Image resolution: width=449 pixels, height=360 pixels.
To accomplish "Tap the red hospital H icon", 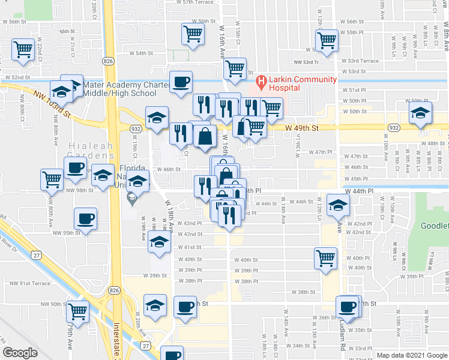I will pyautogui.click(x=261, y=81).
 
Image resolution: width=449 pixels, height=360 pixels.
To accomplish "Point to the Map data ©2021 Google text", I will pyautogui.click(x=412, y=355).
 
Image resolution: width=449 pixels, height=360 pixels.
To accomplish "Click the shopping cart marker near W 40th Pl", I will pyautogui.click(x=325, y=259).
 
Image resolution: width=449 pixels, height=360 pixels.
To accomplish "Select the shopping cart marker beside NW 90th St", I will pyautogui.click(x=78, y=311).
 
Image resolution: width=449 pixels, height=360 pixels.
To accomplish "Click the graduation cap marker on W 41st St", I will pyautogui.click(x=159, y=242).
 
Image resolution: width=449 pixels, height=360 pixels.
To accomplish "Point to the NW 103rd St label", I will pyautogui.click(x=53, y=104).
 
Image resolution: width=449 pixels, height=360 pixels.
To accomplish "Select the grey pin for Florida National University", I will pyautogui.click(x=133, y=197).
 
